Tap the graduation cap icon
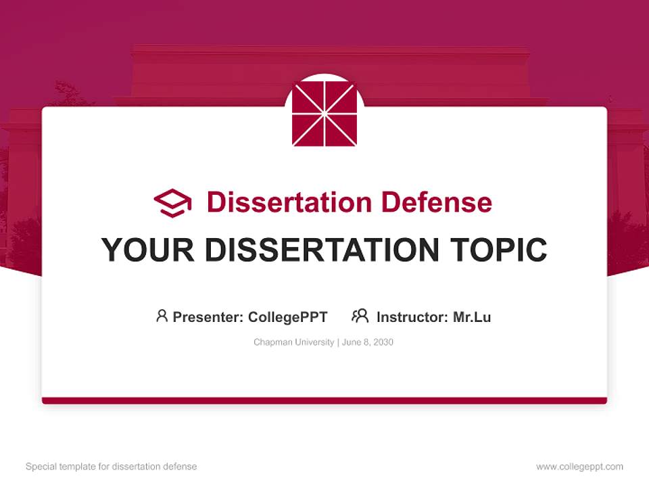tap(172, 202)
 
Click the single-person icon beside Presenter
tap(162, 316)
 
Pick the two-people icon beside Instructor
tap(360, 316)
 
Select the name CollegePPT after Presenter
tap(287, 317)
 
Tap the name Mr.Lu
tap(472, 317)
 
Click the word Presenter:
tap(208, 317)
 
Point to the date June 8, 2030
tap(368, 342)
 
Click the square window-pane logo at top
tap(324, 114)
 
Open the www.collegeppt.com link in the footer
tap(579, 467)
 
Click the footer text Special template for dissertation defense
tap(112, 467)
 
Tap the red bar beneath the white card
tap(324, 400)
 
